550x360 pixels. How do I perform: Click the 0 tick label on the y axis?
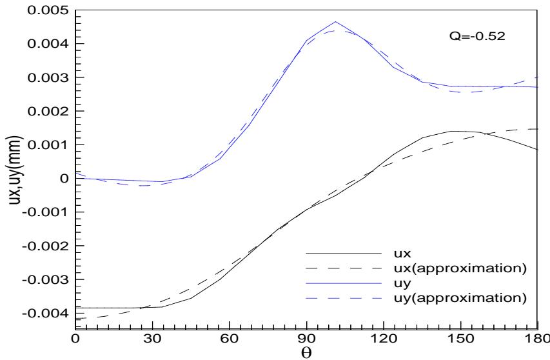click(64, 178)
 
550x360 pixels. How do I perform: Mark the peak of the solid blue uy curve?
click(335, 22)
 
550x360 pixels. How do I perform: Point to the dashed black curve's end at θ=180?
click(536, 129)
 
